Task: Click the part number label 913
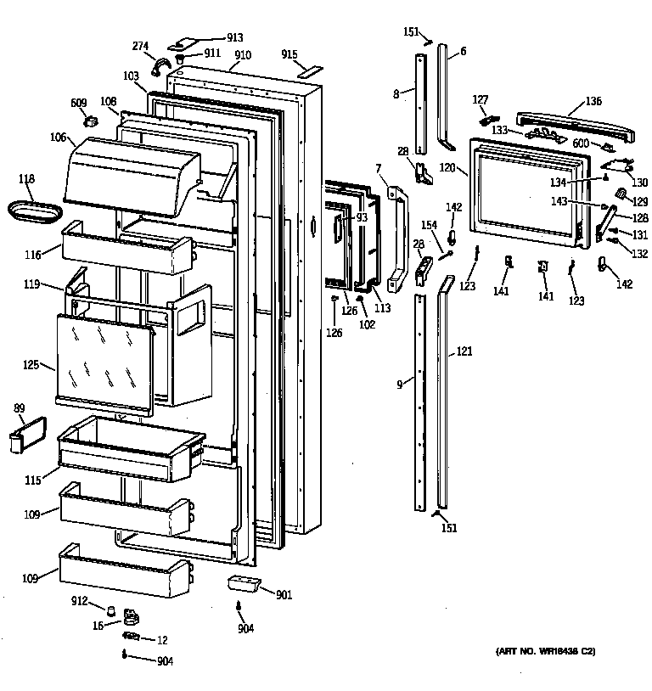[x=234, y=37]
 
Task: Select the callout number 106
[x=57, y=138]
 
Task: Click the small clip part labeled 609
[x=87, y=122]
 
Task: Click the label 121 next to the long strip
[x=464, y=351]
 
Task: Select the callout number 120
[x=448, y=170]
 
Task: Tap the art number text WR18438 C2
[x=546, y=651]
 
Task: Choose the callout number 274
[x=140, y=47]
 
